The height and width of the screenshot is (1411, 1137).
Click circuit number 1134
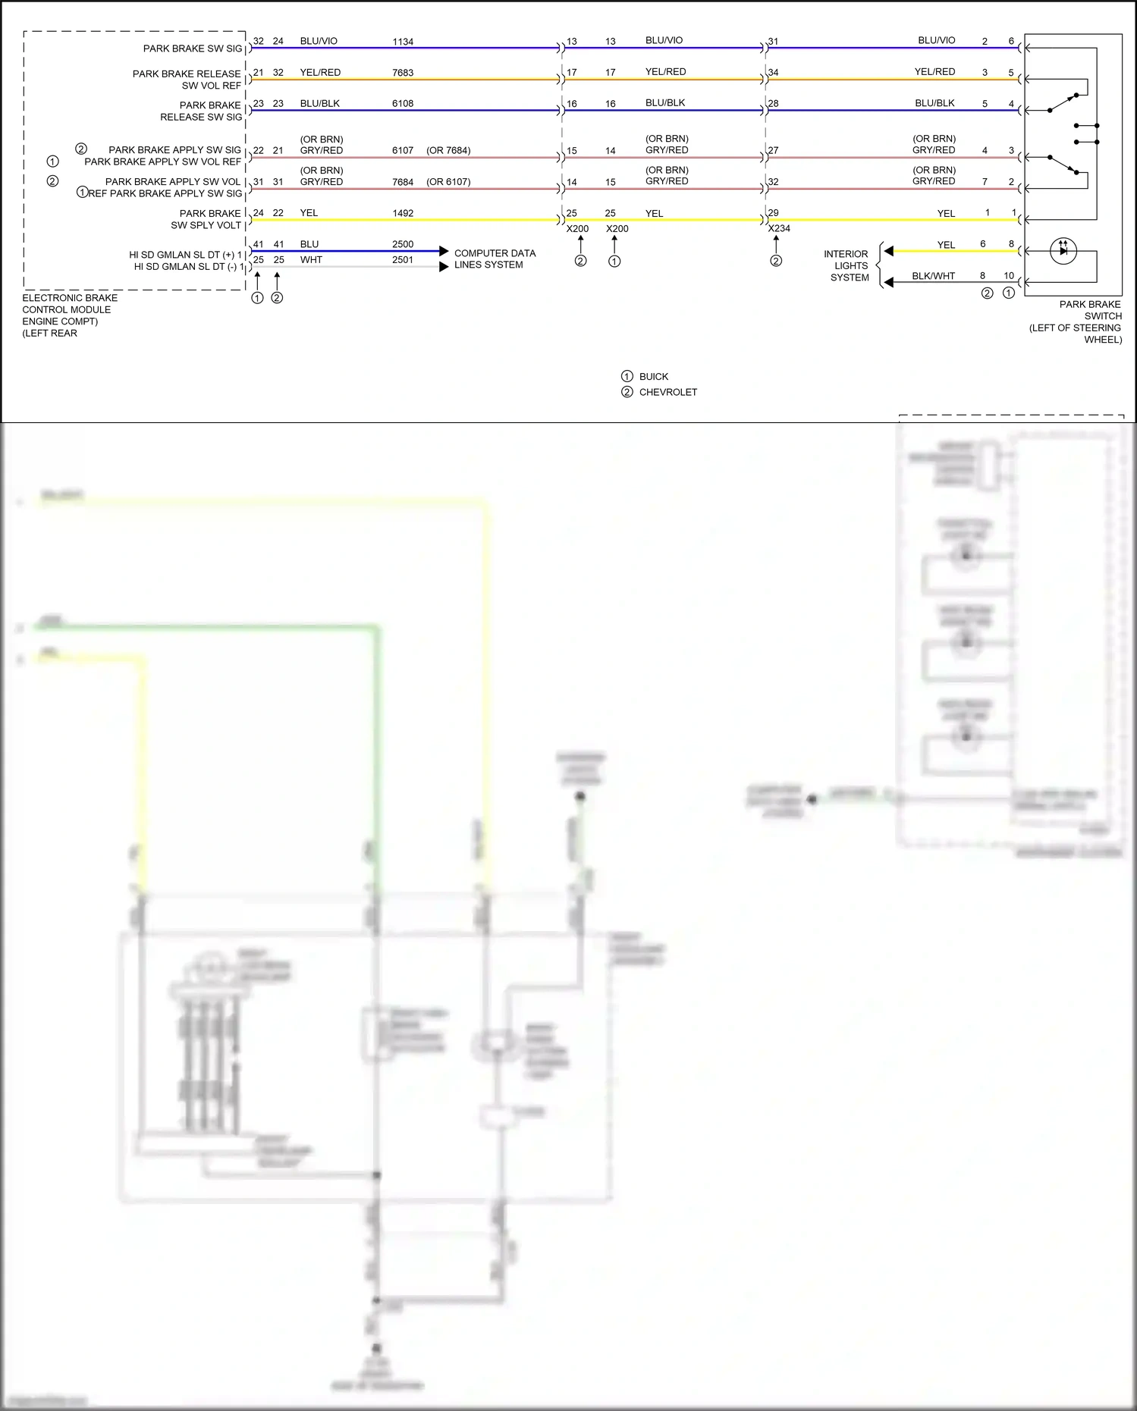point(403,42)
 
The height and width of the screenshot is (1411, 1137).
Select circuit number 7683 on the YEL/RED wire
point(403,73)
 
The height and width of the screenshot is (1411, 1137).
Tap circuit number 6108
point(403,104)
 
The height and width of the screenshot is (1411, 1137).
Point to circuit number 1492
point(403,213)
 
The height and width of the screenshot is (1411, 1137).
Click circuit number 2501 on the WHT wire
point(403,260)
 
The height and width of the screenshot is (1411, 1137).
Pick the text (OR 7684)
point(448,150)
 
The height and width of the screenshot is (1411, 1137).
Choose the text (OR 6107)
point(448,182)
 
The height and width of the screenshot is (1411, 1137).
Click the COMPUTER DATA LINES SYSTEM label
point(494,259)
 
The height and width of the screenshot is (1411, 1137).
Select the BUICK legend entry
point(653,377)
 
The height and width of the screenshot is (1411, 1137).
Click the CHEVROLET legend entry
point(667,392)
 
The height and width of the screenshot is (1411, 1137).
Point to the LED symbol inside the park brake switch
point(1063,250)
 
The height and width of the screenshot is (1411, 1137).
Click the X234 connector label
point(779,228)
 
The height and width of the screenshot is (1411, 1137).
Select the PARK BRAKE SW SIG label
point(193,49)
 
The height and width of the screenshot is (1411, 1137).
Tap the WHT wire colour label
point(311,260)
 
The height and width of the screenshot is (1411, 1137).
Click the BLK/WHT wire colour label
point(933,276)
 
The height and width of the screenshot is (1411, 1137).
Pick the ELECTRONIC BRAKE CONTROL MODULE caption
point(69,315)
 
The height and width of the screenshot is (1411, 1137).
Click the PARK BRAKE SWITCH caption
point(1080,322)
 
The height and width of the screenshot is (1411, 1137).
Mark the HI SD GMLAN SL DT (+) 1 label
point(186,255)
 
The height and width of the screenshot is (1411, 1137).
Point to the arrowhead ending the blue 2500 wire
point(444,251)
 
